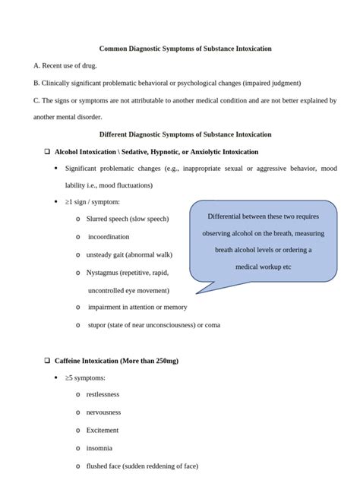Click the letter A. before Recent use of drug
[x=37, y=66]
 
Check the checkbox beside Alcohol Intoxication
[x=47, y=151]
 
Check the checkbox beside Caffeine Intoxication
[x=47, y=360]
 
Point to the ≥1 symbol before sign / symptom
[x=68, y=201]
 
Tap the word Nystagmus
[x=106, y=272]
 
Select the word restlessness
[x=103, y=394]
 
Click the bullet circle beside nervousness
[x=78, y=412]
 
